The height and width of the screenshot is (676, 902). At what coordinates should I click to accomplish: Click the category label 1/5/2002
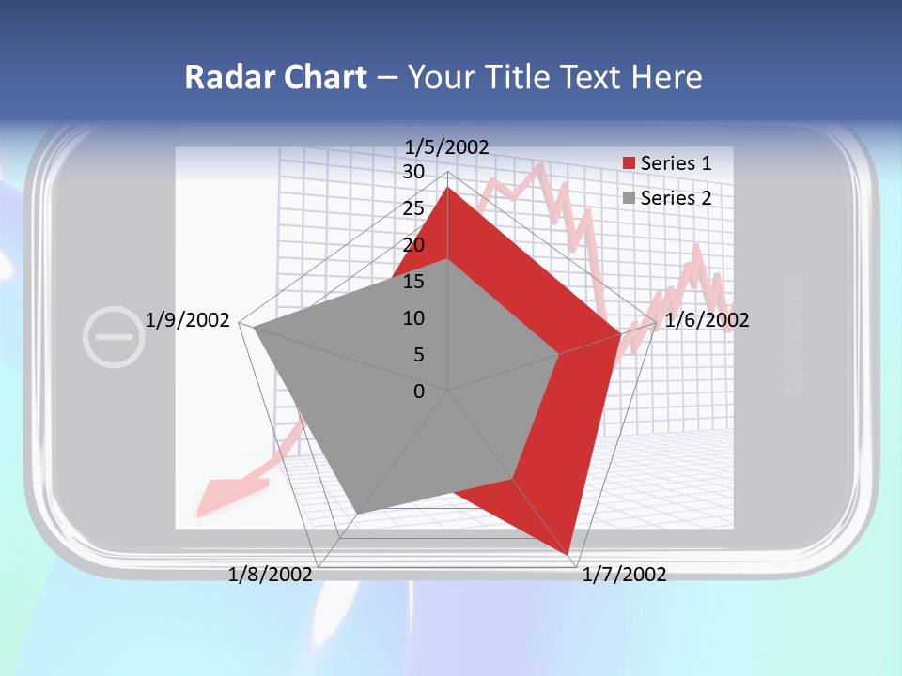coord(446,146)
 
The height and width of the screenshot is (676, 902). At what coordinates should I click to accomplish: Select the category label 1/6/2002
coord(707,320)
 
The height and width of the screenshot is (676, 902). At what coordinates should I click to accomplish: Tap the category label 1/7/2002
coord(624,575)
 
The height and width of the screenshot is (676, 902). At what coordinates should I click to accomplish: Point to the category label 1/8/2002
coord(270,575)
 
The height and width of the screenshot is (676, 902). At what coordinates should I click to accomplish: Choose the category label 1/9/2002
coord(187,320)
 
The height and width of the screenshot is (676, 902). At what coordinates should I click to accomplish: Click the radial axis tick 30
coord(412,172)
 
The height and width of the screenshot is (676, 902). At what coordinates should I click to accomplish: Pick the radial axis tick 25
coord(412,208)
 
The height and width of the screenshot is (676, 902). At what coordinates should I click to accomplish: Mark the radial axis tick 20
coord(412,245)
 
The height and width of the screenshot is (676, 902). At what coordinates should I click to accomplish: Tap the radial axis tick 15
coord(412,282)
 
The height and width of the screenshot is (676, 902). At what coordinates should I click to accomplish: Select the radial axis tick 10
coord(412,318)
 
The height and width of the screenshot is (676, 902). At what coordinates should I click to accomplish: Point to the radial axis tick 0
coord(418,392)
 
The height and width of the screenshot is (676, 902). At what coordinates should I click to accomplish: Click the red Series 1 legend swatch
coord(629,163)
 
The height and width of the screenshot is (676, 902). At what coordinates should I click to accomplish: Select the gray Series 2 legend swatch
coord(629,198)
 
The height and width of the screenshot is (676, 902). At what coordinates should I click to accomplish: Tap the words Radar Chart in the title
coord(275,77)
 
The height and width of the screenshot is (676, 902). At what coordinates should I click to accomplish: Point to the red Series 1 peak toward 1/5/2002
coord(447,188)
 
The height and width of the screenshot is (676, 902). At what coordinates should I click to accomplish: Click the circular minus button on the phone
coord(114,335)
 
